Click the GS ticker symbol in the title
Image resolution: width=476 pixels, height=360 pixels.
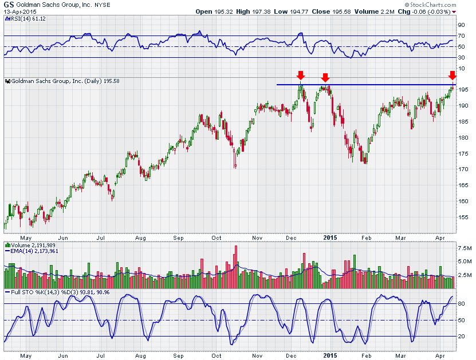click(9, 4)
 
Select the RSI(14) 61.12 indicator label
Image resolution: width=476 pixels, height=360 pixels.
click(26, 19)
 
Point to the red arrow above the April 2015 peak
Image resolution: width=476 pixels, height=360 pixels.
click(452, 75)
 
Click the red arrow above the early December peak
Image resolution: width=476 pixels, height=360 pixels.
click(300, 75)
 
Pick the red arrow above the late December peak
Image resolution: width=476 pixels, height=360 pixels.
click(325, 77)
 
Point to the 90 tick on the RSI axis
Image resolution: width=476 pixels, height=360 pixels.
click(461, 25)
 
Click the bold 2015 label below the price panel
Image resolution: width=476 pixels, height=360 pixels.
click(330, 237)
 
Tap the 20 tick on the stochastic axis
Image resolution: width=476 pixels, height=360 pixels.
click(461, 336)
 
